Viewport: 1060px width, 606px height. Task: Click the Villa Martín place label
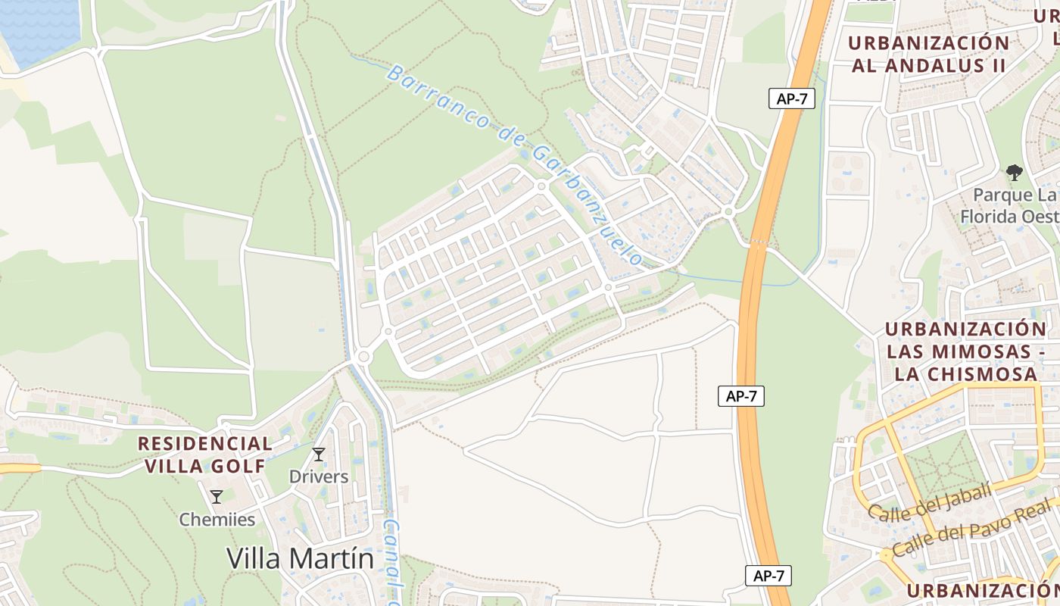click(300, 559)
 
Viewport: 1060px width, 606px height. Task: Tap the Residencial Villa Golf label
click(205, 454)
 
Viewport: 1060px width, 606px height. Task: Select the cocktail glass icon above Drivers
click(319, 454)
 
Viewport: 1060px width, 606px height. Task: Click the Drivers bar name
click(319, 476)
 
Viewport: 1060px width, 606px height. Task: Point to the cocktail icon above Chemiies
click(217, 497)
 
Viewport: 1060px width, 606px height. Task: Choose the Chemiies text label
click(217, 520)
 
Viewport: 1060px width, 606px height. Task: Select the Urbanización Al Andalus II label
click(929, 54)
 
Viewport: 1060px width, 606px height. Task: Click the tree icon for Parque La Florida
click(1015, 173)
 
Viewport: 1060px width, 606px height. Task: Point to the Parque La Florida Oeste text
click(1011, 206)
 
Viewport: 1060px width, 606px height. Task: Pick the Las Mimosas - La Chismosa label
click(965, 351)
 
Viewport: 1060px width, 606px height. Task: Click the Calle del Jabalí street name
click(929, 503)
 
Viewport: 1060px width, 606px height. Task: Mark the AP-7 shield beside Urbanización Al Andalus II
click(791, 98)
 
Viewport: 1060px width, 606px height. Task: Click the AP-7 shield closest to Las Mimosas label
click(740, 396)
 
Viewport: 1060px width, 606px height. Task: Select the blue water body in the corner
click(38, 27)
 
